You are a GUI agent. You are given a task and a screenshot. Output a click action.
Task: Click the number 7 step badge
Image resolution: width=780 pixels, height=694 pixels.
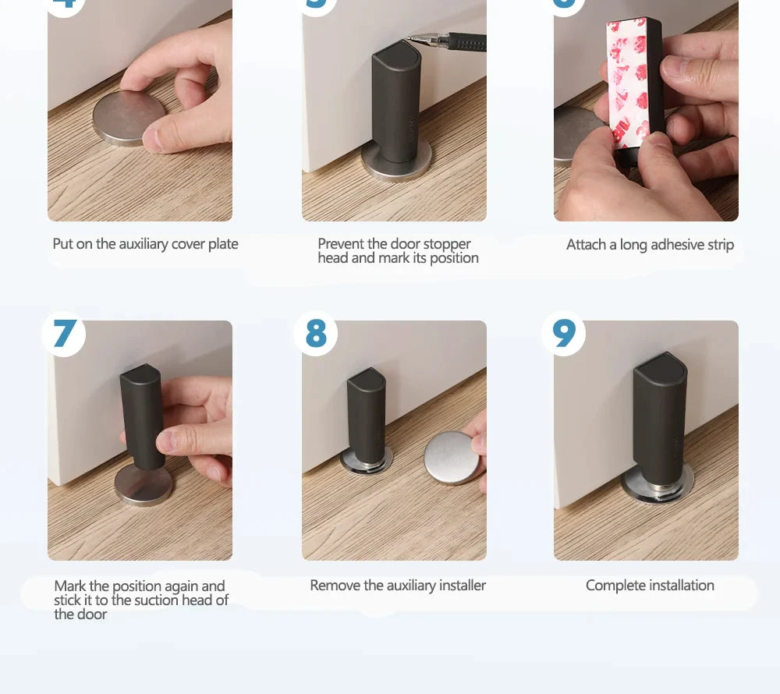64,334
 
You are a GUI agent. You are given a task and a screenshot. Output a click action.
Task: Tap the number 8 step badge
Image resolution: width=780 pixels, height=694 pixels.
316,334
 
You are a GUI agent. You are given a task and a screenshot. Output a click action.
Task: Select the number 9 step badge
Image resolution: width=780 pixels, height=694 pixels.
563,334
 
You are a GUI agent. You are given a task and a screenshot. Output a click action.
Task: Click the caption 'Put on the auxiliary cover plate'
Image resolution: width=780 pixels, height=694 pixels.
145,244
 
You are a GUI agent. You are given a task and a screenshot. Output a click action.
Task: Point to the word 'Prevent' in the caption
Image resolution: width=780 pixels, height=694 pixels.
341,244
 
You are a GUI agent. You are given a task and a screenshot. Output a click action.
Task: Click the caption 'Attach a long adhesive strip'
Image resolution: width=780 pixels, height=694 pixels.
650,245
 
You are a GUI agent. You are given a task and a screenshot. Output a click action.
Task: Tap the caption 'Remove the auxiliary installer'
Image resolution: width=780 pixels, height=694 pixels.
398,586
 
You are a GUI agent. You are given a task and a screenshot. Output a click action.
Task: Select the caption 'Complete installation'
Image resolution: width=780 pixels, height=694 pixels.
650,586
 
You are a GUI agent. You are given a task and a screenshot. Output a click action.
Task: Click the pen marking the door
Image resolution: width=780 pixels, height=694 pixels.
452,41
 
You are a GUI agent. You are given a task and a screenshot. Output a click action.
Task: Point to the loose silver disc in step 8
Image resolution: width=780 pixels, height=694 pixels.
451,457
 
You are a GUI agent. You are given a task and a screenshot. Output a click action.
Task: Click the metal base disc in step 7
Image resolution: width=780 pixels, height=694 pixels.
143,485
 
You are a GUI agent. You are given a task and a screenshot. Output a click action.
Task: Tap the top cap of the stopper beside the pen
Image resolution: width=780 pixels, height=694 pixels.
396,57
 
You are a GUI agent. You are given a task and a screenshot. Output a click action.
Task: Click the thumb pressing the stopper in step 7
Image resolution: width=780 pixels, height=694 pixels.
175,442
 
